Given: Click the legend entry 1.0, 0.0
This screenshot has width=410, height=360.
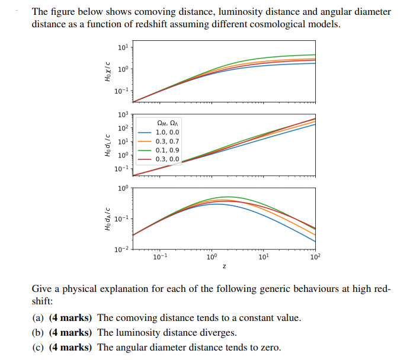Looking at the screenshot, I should (167, 133).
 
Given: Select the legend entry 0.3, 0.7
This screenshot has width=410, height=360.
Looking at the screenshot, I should (167, 142).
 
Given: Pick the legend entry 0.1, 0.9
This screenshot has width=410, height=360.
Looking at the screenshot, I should (167, 150).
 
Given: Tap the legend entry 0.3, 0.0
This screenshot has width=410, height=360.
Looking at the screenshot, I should (167, 159).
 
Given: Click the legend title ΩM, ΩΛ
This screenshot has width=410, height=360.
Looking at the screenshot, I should (167, 123).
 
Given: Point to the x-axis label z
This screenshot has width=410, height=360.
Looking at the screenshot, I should (224, 267).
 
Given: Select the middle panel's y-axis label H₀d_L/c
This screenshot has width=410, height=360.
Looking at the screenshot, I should (108, 144).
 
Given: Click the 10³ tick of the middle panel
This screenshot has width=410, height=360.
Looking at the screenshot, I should (123, 114).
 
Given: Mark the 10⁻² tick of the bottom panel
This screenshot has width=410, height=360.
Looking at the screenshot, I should (121, 249).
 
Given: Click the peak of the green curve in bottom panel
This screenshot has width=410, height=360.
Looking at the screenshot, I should (227, 197).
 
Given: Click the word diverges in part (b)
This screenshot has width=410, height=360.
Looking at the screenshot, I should (219, 332).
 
